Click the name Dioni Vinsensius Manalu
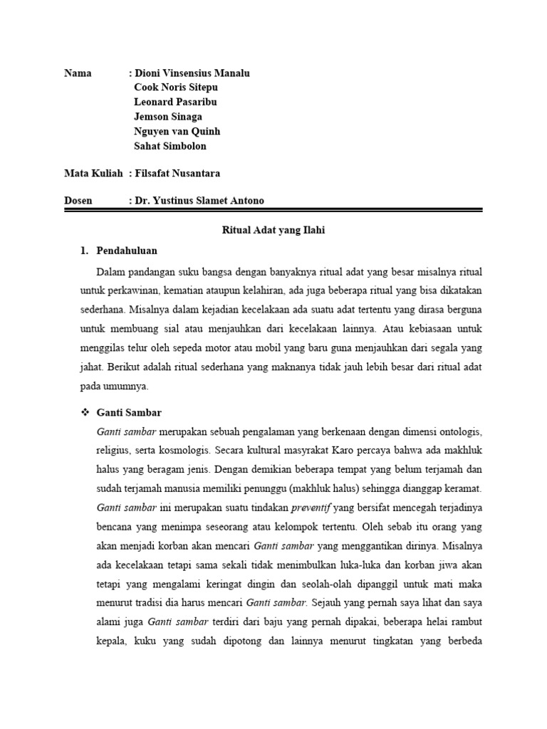(x=192, y=73)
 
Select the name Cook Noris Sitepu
(x=176, y=88)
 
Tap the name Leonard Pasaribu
(x=175, y=102)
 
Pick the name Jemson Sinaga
(x=168, y=117)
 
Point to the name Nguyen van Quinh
(x=177, y=131)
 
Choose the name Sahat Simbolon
(x=170, y=146)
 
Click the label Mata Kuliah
(x=93, y=173)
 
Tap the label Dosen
(x=78, y=201)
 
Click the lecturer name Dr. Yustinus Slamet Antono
(x=199, y=201)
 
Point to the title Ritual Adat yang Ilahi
(x=273, y=231)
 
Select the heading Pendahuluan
(x=126, y=251)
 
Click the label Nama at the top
(x=78, y=73)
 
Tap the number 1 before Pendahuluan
(x=83, y=251)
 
